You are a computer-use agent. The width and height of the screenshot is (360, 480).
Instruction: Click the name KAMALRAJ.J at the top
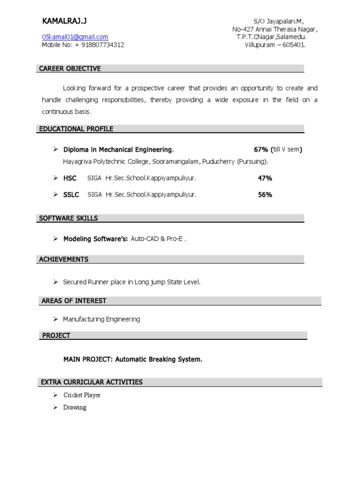click(x=64, y=21)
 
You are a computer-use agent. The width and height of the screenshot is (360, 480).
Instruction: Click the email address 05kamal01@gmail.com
click(x=75, y=37)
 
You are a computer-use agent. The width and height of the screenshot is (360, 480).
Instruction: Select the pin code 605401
click(x=293, y=45)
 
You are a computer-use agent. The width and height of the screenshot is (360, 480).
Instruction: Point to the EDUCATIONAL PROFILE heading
click(x=76, y=129)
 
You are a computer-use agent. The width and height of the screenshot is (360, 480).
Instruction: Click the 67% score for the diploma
click(x=261, y=150)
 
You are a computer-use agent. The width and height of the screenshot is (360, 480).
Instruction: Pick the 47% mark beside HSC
click(x=265, y=178)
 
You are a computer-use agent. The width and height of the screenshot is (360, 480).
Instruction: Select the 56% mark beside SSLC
click(x=265, y=195)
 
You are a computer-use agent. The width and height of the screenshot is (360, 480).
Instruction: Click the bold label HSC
click(x=70, y=178)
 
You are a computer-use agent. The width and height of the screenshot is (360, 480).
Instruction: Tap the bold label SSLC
click(x=71, y=195)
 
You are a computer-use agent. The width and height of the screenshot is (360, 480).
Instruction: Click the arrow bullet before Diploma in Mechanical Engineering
click(x=55, y=150)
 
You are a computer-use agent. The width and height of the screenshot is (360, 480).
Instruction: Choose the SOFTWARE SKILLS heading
click(x=68, y=218)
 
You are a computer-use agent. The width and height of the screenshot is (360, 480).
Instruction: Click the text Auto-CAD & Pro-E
click(x=158, y=239)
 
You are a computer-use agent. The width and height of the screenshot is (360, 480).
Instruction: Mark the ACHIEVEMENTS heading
click(x=64, y=259)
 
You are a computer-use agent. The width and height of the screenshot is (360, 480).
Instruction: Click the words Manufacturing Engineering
click(x=102, y=319)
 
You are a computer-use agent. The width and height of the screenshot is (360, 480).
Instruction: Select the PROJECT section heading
click(x=56, y=336)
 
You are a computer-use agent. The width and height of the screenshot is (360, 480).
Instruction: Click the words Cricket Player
click(x=82, y=395)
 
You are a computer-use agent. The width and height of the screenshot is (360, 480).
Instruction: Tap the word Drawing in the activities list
click(x=75, y=407)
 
